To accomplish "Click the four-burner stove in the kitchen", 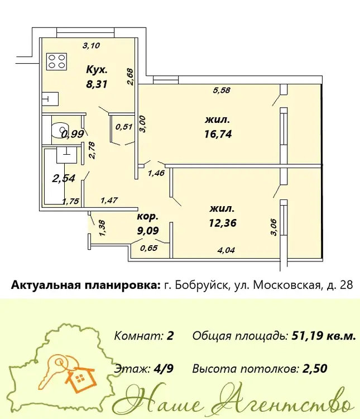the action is point(56,61).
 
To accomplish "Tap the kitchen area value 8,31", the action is point(97,84).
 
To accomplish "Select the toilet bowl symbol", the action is point(60,130).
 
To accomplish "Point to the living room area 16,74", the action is point(218,134).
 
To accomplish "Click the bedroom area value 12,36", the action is point(223,222).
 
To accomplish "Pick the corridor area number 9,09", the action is point(148,230).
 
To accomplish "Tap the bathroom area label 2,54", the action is point(64,178).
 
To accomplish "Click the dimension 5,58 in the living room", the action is point(222,91).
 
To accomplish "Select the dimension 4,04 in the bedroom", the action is point(226,250).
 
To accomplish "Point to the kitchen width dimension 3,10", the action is point(91,46).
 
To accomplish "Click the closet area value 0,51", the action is point(124,126).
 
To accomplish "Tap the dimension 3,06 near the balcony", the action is point(273,227).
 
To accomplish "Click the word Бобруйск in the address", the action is point(201,285).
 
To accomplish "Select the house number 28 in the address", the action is point(347,285).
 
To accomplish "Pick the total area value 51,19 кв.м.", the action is point(324,336).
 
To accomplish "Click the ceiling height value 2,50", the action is point(315,369).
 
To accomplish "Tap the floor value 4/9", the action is point(164,369).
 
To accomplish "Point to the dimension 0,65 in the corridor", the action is point(149,248).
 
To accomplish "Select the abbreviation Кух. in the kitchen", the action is point(97,70).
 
